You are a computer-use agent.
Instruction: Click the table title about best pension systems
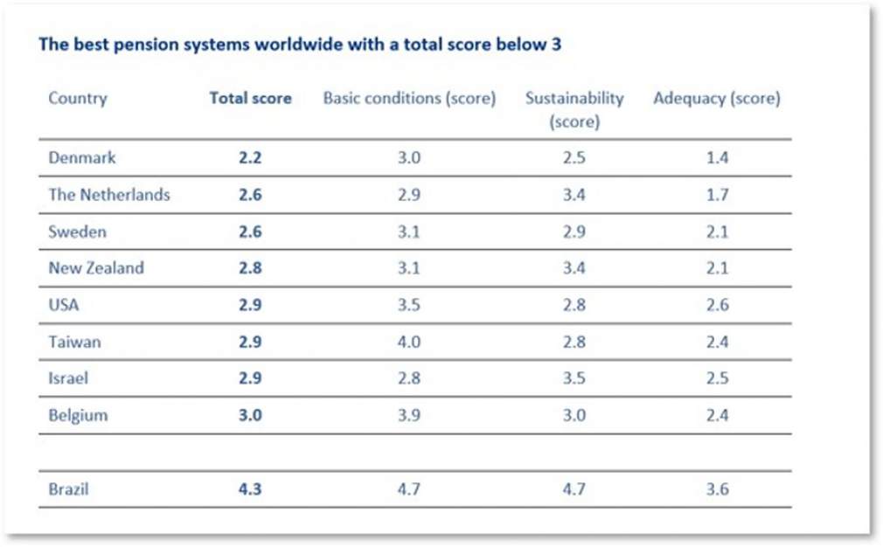[x=299, y=45]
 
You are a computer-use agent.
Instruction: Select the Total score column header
[x=250, y=98]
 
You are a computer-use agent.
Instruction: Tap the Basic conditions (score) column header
[x=409, y=98]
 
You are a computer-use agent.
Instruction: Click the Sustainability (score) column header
[x=574, y=109]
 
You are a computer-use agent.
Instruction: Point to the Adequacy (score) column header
[x=717, y=98]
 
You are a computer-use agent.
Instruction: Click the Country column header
[x=77, y=98]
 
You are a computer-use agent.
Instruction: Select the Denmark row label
[x=82, y=158]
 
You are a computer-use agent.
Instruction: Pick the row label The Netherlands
[x=109, y=195]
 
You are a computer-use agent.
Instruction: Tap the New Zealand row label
[x=96, y=268]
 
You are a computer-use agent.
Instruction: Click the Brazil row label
[x=68, y=489]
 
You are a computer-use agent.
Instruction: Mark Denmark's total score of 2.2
[x=250, y=158]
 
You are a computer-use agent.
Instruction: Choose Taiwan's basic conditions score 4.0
[x=409, y=342]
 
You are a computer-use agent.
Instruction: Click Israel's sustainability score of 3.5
[x=574, y=378]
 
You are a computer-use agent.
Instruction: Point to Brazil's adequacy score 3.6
[x=717, y=489]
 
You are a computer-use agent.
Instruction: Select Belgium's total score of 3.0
[x=250, y=415]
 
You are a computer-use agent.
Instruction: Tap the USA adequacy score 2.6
[x=717, y=305]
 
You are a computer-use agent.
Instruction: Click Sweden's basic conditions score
[x=409, y=232]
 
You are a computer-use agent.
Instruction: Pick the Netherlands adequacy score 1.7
[x=717, y=195]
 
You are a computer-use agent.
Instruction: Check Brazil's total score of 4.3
[x=250, y=489]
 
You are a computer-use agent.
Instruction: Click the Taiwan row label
[x=74, y=342]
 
